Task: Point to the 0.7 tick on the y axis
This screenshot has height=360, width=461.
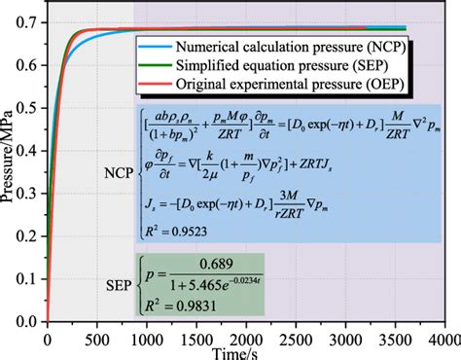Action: point(31,20)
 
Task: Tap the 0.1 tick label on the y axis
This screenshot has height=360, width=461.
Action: point(31,278)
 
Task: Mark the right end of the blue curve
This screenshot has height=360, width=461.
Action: point(405,27)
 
